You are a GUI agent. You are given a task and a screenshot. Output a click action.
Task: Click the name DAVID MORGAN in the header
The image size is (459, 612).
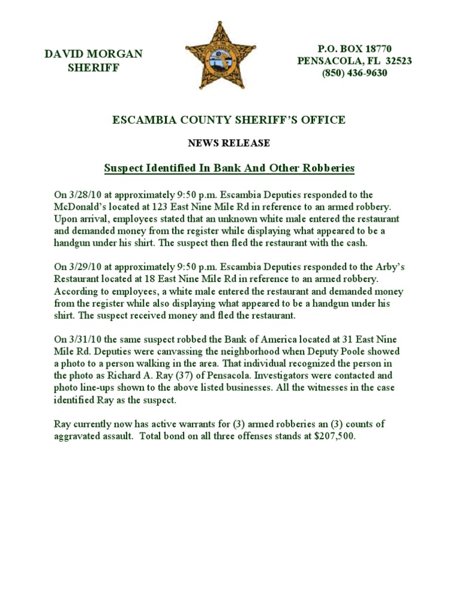pyautogui.click(x=94, y=54)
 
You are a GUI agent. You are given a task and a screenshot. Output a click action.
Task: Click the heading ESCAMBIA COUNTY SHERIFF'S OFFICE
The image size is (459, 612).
pyautogui.click(x=229, y=120)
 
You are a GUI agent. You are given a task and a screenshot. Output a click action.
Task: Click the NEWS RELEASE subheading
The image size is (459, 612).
pyautogui.click(x=229, y=143)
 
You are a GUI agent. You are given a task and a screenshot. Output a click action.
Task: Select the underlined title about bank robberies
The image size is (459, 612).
pyautogui.click(x=229, y=169)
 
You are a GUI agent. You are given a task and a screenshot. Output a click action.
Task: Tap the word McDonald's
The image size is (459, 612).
pyautogui.click(x=82, y=207)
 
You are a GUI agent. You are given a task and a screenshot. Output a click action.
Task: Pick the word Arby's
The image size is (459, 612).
pyautogui.click(x=391, y=267)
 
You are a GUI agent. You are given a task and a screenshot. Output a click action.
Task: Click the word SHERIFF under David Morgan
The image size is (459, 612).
pyautogui.click(x=94, y=68)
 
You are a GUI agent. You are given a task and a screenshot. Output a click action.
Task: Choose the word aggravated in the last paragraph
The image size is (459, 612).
pyautogui.click(x=78, y=436)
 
